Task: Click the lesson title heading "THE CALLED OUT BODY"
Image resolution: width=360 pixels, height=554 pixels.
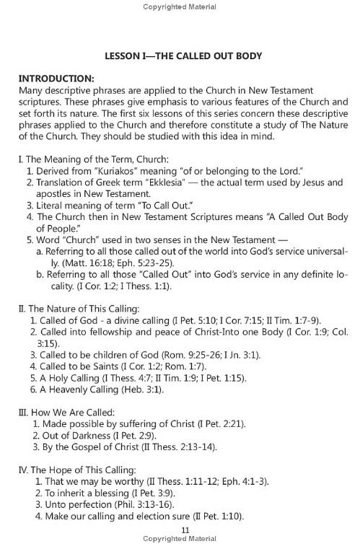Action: point(208,54)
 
